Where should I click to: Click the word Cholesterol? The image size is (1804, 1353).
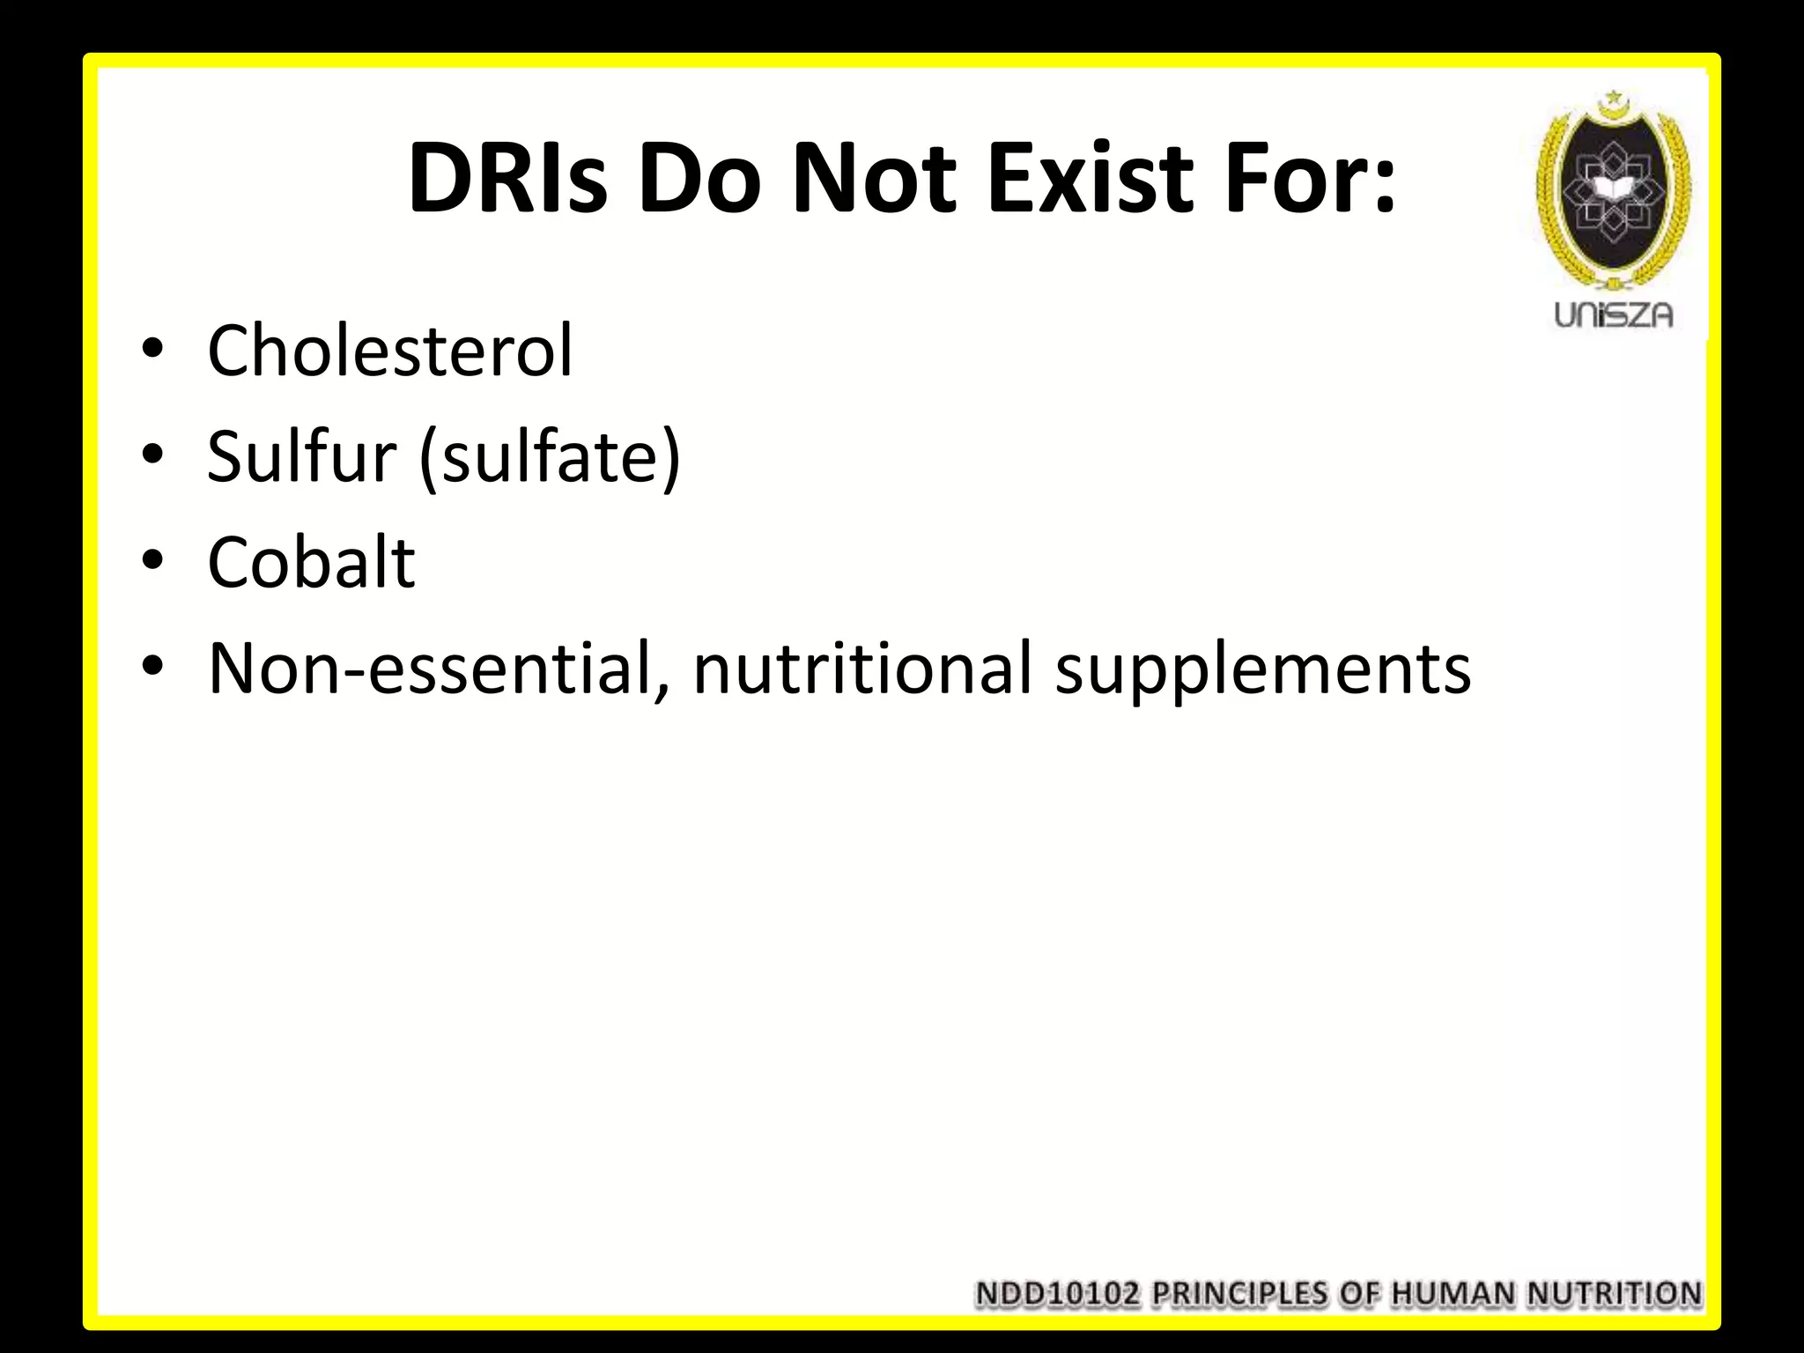tap(389, 351)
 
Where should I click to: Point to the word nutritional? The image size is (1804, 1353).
tap(861, 668)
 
